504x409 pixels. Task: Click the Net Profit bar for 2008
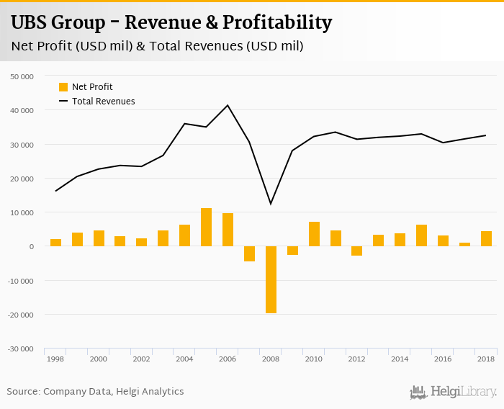(271, 279)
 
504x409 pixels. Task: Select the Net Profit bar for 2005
(206, 228)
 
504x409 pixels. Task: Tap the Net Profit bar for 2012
(357, 251)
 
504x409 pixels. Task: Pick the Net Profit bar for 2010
(314, 234)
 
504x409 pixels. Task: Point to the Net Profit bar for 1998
(55, 243)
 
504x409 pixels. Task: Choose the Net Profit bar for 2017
(464, 244)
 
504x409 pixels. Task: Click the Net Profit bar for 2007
(249, 253)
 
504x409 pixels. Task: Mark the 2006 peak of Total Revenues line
(228, 105)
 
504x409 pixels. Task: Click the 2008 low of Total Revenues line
(271, 204)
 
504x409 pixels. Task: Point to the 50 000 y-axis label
(22, 76)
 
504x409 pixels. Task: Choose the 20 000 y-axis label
(22, 179)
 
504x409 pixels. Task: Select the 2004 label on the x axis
(184, 359)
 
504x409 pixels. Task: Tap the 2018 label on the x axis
(486, 359)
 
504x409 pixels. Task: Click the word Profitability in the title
(277, 23)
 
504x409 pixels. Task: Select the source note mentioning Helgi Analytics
(95, 392)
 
